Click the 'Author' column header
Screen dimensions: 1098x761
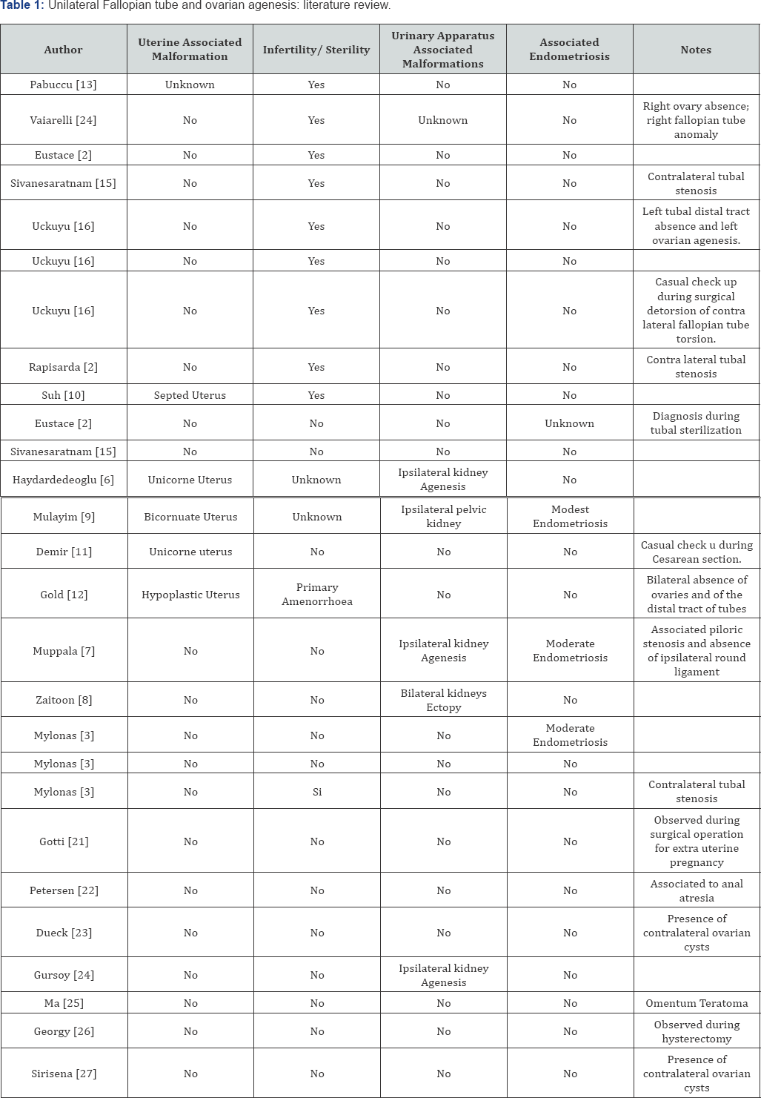tap(63, 50)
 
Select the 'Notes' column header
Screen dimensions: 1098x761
tap(695, 50)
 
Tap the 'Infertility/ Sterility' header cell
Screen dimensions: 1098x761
tap(316, 50)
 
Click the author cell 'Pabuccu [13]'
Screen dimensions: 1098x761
tap(63, 85)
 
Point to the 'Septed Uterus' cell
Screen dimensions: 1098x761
tap(190, 395)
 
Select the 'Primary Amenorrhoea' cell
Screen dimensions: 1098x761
tap(317, 595)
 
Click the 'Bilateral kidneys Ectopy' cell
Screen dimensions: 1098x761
tap(443, 700)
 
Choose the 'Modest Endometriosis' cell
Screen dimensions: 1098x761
tap(570, 517)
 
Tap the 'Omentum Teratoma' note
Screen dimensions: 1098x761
tap(697, 1003)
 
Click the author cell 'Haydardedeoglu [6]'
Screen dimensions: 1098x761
tap(63, 480)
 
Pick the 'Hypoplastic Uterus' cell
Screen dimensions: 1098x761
tap(190, 595)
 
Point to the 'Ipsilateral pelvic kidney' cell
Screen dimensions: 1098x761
tap(443, 517)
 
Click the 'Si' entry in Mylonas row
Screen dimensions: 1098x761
tap(317, 792)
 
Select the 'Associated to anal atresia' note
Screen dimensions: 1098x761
tap(697, 890)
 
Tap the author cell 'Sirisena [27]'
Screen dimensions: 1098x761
tap(64, 1074)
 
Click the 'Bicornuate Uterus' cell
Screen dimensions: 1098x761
tap(190, 517)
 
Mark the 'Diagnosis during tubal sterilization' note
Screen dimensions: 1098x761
tap(696, 423)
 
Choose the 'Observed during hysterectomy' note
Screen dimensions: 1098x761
tap(697, 1031)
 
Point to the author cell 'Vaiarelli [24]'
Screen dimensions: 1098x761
tap(63, 120)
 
